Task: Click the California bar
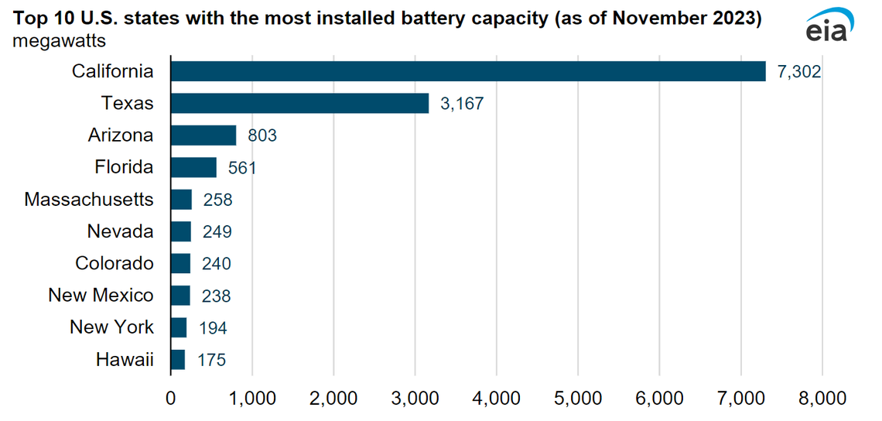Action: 467,71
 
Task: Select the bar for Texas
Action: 299,103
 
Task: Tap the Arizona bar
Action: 203,135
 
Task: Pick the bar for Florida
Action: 193,167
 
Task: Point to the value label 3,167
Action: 462,104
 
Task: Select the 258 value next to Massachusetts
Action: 217,200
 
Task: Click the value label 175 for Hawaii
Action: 211,360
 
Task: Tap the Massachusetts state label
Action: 89,200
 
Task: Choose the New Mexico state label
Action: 101,296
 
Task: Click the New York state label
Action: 111,327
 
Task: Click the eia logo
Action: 829,28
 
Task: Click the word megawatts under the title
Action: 60,40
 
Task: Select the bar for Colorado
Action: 180,263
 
